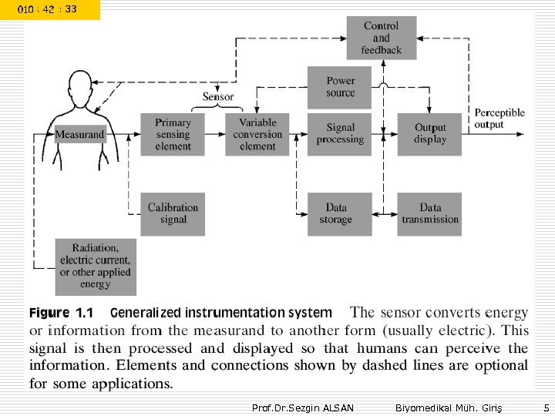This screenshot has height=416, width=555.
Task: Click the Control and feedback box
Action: pos(381,38)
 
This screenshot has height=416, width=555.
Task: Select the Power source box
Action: pos(340,87)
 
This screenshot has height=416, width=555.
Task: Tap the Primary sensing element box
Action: pos(173,134)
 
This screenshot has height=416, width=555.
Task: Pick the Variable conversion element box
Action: pos(257,134)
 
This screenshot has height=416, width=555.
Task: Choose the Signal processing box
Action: pos(340,134)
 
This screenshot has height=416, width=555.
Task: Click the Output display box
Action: pos(430,134)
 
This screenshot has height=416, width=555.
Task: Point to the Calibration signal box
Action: pos(173,213)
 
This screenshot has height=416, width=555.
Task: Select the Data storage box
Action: pos(340,213)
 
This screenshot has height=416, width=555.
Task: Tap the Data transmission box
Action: pos(430,213)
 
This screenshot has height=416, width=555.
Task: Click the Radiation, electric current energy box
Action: pos(96,267)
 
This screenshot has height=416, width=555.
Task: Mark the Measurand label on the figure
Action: pos(79,134)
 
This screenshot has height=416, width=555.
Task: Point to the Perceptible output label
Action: pos(499,119)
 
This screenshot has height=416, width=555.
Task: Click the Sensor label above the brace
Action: pos(218,97)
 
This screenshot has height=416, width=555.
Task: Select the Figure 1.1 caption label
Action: pos(61,313)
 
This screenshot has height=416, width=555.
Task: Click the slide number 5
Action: pos(545,407)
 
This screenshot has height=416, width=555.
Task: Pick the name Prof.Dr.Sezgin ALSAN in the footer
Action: pos(303,407)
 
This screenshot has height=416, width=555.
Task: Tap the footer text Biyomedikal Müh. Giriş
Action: pos(438,407)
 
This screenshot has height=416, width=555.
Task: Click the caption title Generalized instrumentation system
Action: pos(221,313)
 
